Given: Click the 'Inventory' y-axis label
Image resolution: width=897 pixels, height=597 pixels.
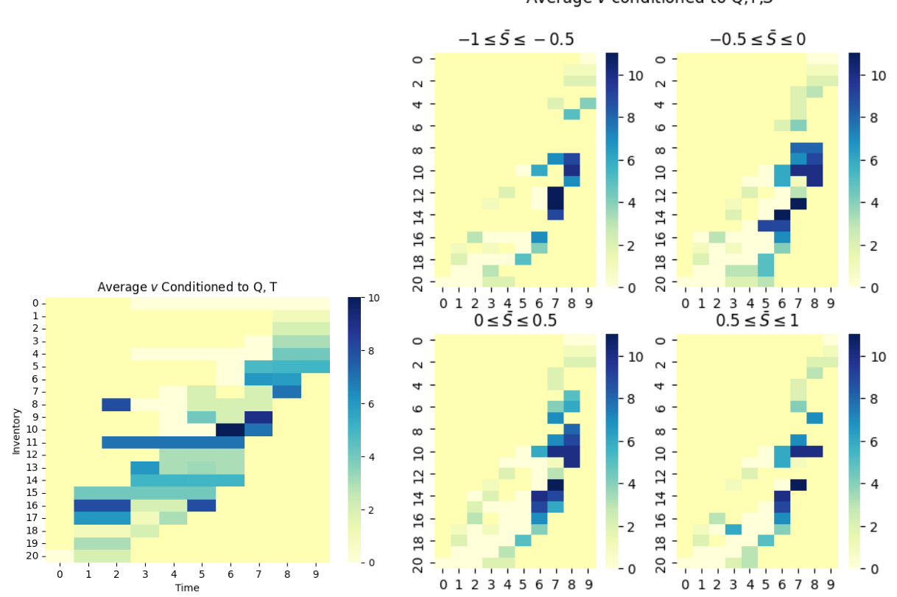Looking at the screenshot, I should click(16, 430).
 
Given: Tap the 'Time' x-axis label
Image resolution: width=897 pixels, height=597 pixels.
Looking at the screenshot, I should click(187, 587).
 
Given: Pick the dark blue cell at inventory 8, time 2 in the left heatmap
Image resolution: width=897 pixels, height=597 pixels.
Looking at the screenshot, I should click(116, 404).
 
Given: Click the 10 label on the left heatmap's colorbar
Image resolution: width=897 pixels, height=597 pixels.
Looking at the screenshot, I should click(373, 298).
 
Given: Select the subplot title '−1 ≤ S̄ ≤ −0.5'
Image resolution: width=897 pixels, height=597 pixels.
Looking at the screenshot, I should click(516, 39).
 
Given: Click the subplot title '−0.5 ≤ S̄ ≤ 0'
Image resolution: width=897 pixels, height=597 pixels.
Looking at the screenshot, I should click(757, 39).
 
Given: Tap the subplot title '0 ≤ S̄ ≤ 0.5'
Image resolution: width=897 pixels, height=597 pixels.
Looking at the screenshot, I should click(516, 321).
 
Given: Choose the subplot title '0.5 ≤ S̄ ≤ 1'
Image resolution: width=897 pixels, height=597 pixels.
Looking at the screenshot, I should click(757, 321).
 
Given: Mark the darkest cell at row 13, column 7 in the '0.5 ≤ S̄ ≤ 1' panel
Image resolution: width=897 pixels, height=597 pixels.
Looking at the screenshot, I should click(798, 484).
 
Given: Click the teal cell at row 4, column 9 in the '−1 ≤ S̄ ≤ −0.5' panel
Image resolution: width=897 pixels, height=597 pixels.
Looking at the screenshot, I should click(588, 103).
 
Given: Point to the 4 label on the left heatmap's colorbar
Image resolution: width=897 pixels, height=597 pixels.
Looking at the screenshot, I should click(371, 457).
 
